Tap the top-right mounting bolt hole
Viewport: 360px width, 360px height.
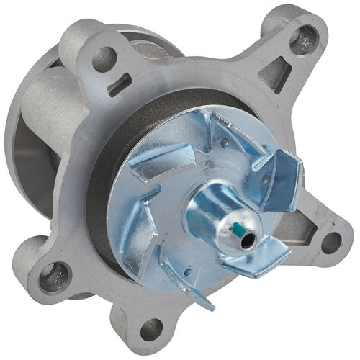(x=302, y=36)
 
